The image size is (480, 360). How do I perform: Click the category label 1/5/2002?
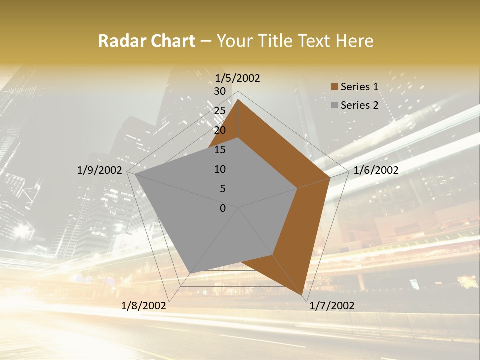click(238, 78)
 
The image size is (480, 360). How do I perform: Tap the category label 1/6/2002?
click(376, 170)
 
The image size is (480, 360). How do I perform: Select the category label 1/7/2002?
click(332, 306)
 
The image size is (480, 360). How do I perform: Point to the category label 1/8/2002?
click(144, 306)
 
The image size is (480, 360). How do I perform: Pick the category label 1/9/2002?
click(100, 170)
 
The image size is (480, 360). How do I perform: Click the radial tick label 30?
click(220, 91)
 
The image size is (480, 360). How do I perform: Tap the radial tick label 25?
click(220, 111)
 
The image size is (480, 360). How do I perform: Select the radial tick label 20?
click(220, 130)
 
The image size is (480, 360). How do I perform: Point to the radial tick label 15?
click(220, 150)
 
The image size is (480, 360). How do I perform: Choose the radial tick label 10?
click(220, 169)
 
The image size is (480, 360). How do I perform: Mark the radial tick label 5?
click(222, 189)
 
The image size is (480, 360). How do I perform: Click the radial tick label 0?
click(223, 208)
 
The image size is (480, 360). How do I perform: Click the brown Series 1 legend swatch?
click(334, 87)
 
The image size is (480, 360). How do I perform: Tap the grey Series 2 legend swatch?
click(334, 105)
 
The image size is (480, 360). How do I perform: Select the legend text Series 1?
click(359, 87)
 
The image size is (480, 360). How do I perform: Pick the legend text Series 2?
click(359, 105)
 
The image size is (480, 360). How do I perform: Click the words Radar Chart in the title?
click(146, 41)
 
